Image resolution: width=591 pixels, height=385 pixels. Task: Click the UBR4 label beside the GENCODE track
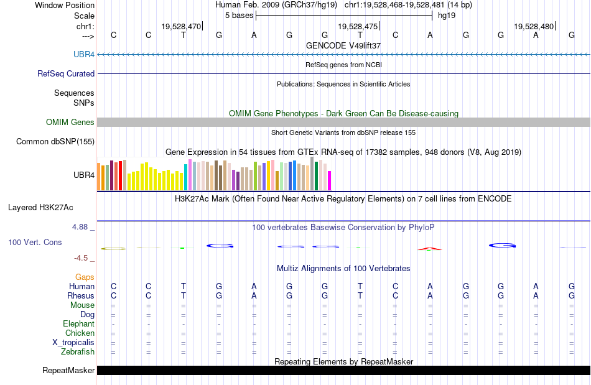coord(84,55)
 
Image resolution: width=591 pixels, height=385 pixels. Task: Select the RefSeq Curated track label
coord(66,73)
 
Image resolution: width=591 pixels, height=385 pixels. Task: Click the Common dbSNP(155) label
coord(55,141)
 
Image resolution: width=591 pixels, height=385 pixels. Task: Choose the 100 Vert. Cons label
coord(35,242)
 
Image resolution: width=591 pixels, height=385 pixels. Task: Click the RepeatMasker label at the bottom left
coord(68,371)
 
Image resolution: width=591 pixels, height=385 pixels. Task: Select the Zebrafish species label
coord(79,352)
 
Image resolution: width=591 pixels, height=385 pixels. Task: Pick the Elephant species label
coord(78,324)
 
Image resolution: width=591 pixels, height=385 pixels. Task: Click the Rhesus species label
coord(81,296)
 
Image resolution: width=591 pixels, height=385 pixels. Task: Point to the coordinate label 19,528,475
coord(358,27)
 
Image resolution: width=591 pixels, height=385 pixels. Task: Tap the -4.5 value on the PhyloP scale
coord(81,257)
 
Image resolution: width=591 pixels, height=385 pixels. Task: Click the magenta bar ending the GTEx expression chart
coord(329,180)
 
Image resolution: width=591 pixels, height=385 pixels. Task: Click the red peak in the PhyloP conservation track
coord(429,249)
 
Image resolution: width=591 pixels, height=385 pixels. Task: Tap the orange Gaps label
coord(85,277)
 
